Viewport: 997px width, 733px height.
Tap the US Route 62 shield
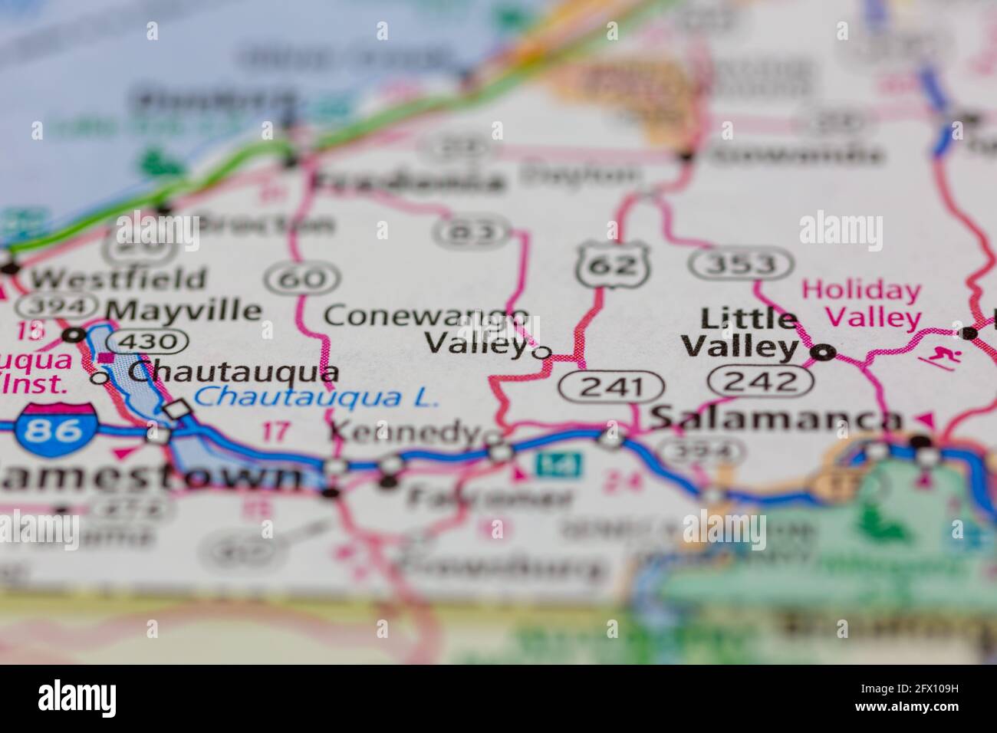coord(614,265)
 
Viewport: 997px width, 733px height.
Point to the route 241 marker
coord(610,386)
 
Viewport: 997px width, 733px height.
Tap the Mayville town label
coord(184,310)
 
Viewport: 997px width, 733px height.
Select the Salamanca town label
coord(775,419)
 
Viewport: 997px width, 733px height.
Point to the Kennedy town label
coord(404,432)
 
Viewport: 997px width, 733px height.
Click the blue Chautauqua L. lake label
coord(315,398)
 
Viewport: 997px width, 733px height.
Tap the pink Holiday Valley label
coord(862,304)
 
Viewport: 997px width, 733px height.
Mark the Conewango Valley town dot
coord(542,353)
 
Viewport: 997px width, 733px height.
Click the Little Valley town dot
coord(824,353)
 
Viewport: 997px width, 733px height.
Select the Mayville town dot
coord(74,335)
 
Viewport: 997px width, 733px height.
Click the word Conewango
coord(426,315)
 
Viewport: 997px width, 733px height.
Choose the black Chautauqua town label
coord(233,372)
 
